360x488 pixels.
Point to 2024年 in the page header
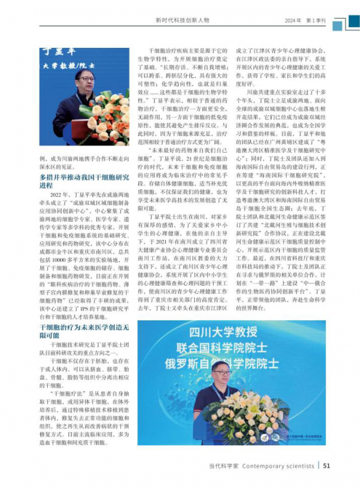294,20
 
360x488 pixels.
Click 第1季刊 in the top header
316,20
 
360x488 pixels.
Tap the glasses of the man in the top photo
84,79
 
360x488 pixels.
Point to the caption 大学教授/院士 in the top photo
72,64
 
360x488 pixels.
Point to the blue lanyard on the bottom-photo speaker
222,400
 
